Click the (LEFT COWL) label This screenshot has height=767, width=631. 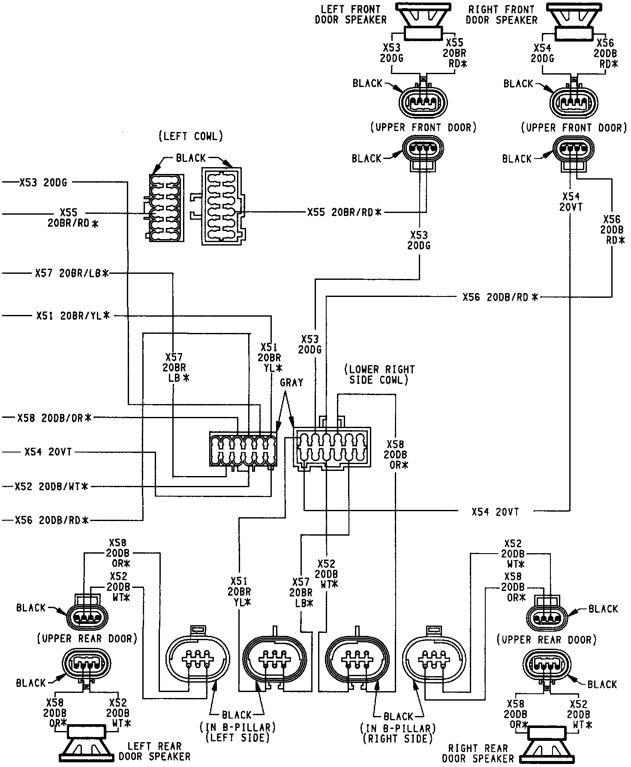click(x=191, y=137)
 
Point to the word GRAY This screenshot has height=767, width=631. click(x=291, y=383)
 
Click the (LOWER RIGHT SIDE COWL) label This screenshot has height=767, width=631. click(x=379, y=375)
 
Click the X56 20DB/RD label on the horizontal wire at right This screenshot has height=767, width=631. click(x=500, y=297)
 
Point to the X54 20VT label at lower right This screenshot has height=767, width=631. click(x=495, y=512)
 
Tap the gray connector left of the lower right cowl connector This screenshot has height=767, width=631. click(x=243, y=449)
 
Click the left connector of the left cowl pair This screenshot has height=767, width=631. click(x=166, y=207)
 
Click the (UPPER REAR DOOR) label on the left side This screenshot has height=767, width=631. click(x=87, y=638)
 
